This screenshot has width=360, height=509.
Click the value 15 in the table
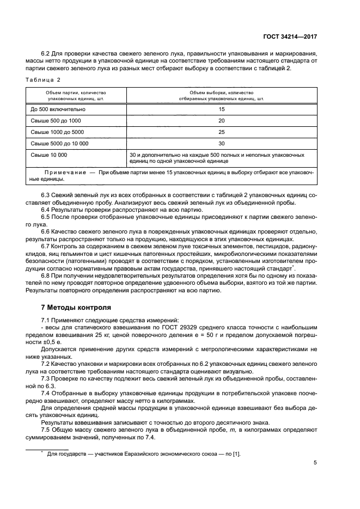pyautogui.click(x=221, y=109)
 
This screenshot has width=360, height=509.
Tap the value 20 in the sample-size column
pyautogui.click(x=221, y=120)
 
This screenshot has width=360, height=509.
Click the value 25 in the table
pyautogui.click(x=221, y=132)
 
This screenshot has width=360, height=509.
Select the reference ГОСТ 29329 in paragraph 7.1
pyautogui.click(x=186, y=328)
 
